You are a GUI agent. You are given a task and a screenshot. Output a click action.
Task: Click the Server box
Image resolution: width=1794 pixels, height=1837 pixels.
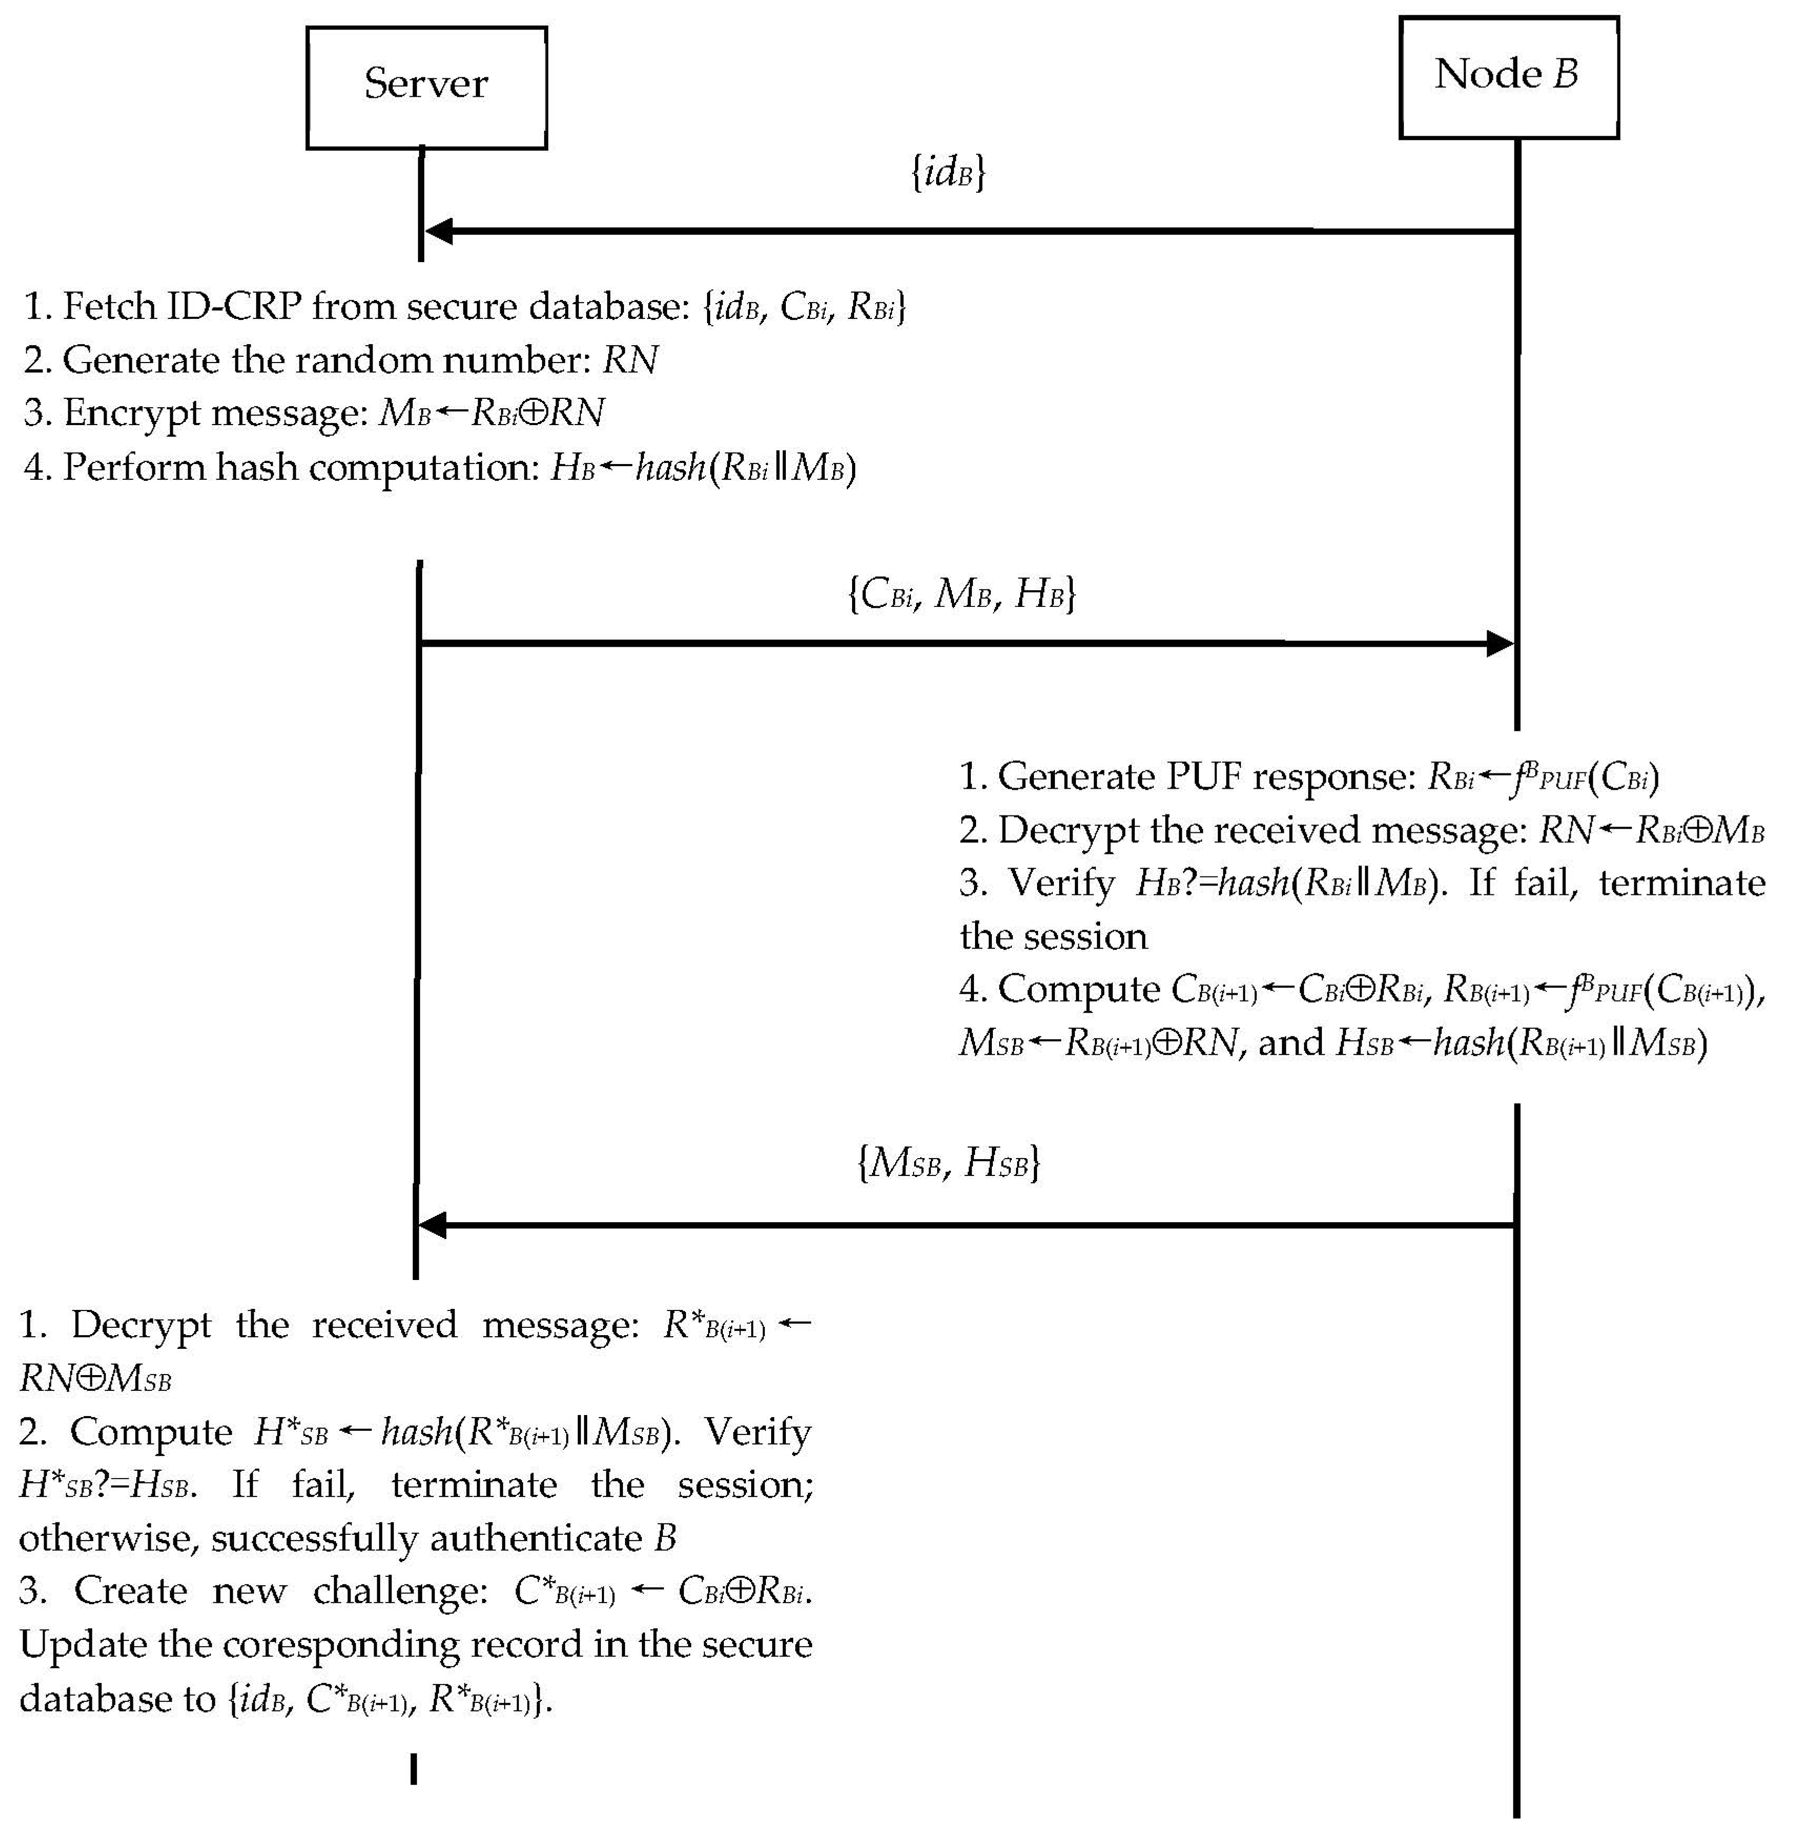(426, 87)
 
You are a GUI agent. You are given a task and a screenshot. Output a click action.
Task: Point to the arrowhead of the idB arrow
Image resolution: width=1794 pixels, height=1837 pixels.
(438, 231)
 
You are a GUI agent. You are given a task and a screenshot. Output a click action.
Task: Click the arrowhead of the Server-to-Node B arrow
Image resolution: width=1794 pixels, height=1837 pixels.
(1500, 644)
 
